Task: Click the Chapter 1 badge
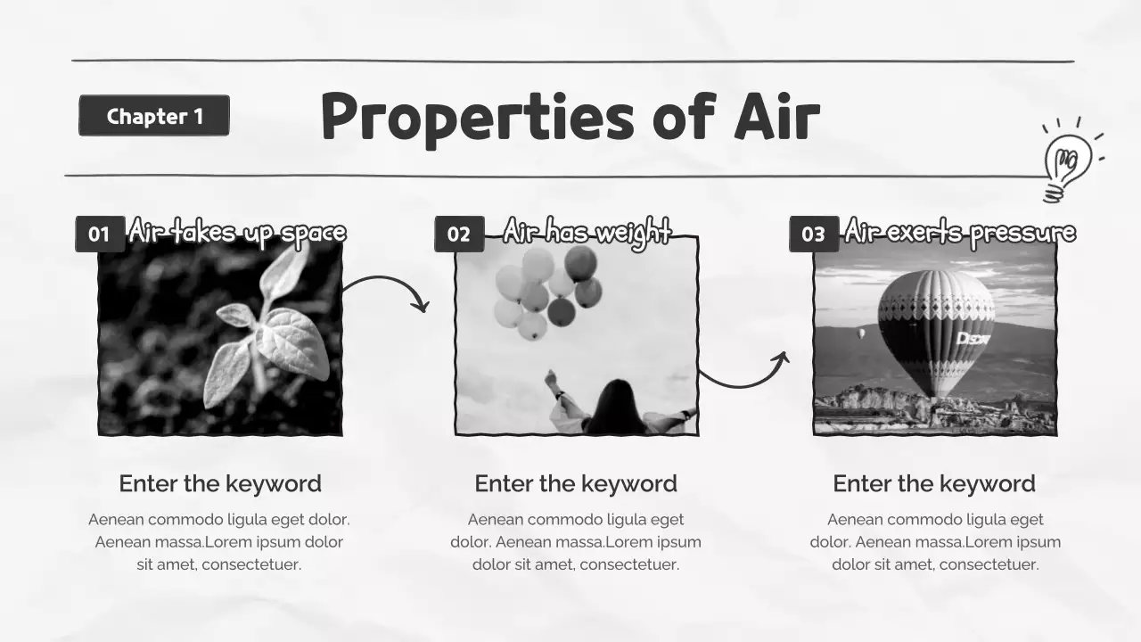coord(154,116)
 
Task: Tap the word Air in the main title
coord(776,118)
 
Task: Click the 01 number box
coord(99,234)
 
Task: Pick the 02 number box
coord(459,234)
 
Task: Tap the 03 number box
coord(813,234)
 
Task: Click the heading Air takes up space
coord(237,232)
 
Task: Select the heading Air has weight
coord(587,232)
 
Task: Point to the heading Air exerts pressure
coord(960,232)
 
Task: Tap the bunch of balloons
coord(546,290)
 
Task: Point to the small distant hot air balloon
coord(860,333)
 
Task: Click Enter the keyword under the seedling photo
coord(220,483)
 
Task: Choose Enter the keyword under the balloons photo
coord(576,483)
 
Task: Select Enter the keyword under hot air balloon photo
coord(934,483)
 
